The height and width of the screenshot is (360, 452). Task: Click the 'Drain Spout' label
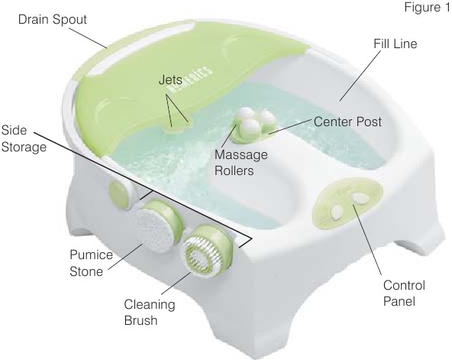coord(53,20)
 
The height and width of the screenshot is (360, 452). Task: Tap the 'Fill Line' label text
coord(395,44)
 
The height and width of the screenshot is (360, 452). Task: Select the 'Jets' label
coord(170,79)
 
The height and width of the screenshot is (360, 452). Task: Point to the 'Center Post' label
coord(347,122)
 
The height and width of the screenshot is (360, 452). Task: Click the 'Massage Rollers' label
coord(241,163)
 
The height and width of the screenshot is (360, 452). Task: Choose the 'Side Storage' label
coord(24,138)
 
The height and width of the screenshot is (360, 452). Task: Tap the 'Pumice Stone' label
coord(91,263)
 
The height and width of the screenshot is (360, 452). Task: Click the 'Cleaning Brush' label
coord(150,313)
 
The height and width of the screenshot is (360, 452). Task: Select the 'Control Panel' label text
coord(404,294)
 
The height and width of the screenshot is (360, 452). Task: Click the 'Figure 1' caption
coord(427,7)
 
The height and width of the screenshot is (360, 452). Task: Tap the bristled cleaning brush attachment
coord(202,255)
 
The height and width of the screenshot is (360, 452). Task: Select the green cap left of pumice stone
coord(119,194)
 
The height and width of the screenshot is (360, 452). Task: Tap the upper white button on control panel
coord(360,198)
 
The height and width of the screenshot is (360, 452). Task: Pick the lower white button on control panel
coord(337,212)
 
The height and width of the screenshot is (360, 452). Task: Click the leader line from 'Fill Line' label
coord(360,76)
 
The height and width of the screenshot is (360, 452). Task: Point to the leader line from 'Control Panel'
coord(367,239)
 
